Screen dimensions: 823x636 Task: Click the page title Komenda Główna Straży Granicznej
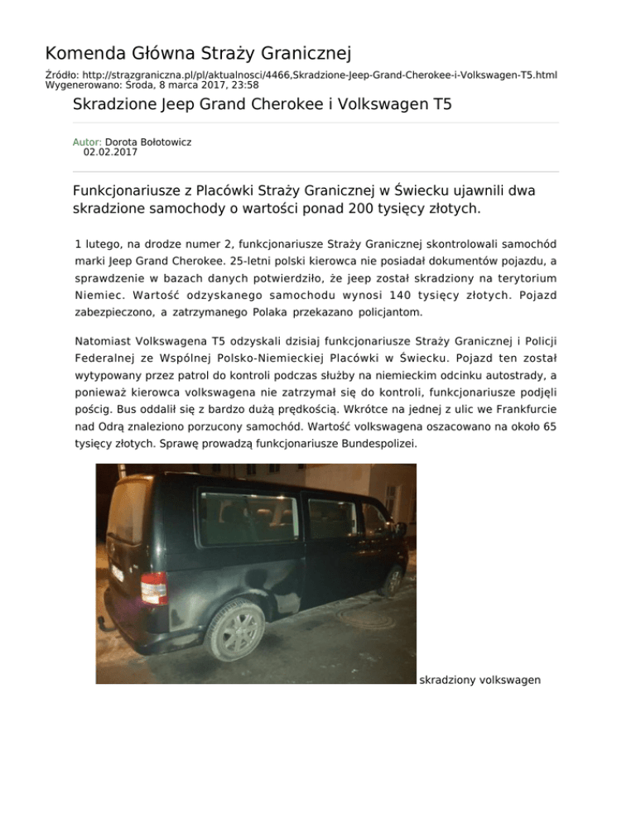[199, 55]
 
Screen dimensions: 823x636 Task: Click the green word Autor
[88, 142]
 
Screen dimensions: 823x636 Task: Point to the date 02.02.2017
[110, 152]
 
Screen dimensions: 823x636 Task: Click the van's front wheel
[393, 580]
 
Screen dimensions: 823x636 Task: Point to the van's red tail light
[153, 589]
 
